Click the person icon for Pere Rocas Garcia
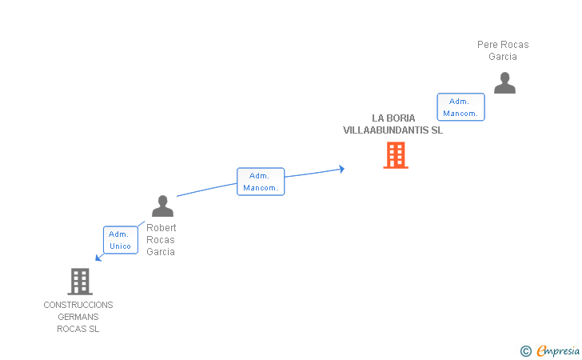[504, 83]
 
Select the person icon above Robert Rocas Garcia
[162, 206]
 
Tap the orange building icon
[396, 155]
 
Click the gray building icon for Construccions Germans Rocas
[79, 281]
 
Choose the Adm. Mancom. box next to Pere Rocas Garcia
[460, 107]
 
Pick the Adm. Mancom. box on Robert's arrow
[261, 182]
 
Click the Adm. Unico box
[121, 240]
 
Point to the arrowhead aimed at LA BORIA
[341, 169]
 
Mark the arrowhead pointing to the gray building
[98, 258]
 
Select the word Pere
[487, 45]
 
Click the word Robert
[161, 228]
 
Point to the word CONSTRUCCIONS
[78, 305]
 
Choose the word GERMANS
[78, 317]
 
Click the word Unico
[121, 246]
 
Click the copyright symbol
[525, 350]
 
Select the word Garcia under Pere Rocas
[503, 57]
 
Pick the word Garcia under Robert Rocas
[161, 252]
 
